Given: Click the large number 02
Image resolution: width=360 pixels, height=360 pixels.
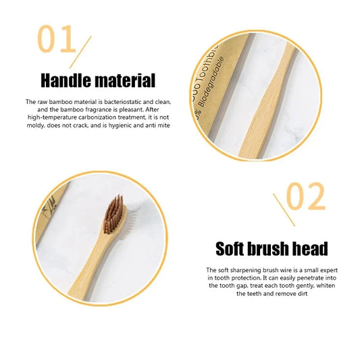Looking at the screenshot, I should coord(305,197).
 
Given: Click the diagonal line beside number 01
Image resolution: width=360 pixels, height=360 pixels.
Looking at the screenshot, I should coord(83,52).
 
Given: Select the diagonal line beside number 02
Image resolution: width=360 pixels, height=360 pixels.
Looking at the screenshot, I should coord(283,209).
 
